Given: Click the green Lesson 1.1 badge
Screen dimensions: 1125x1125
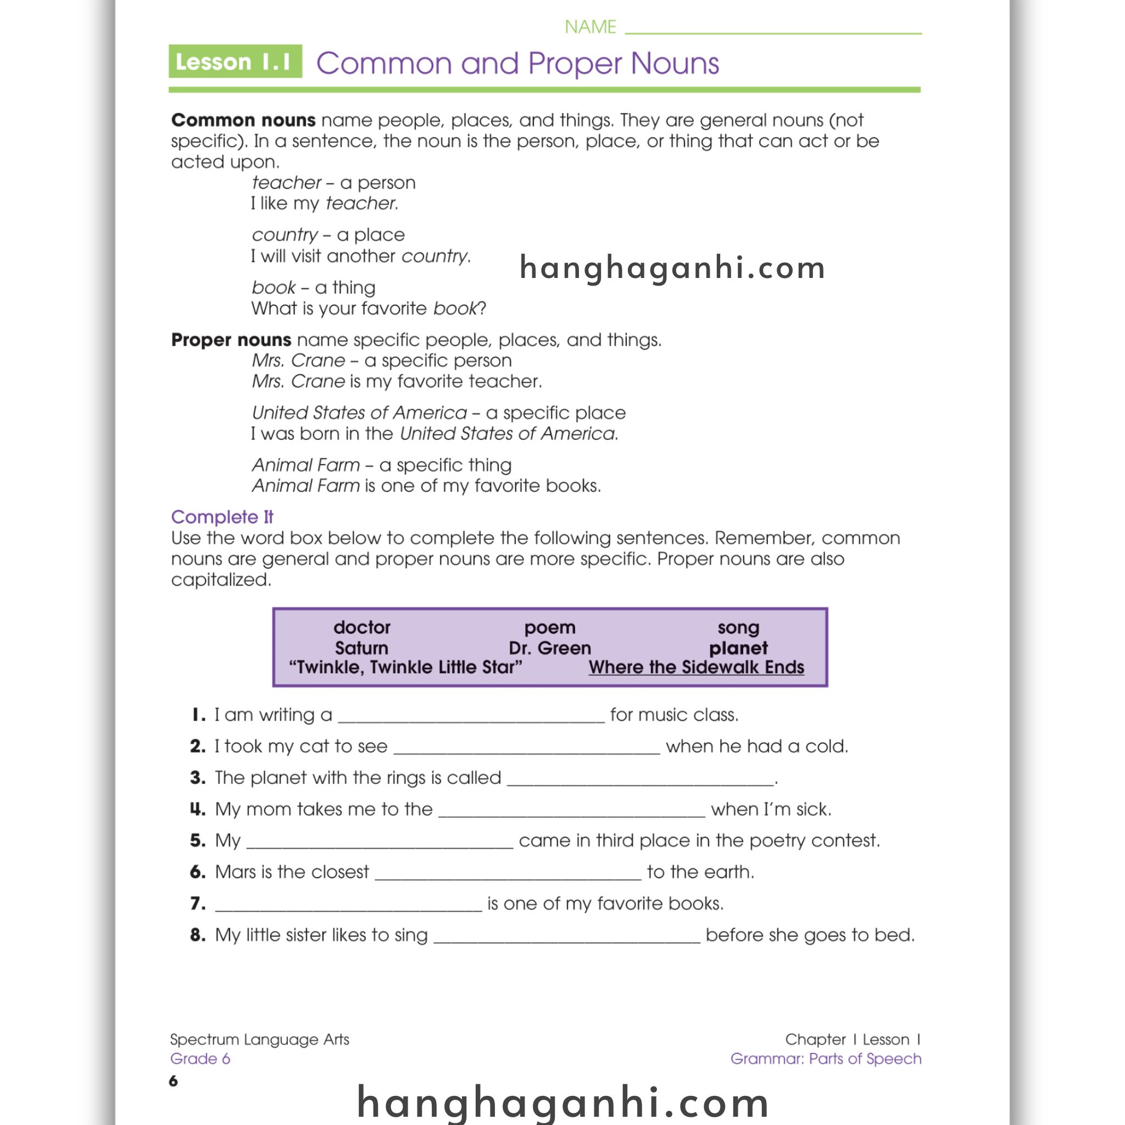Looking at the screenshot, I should tap(235, 61).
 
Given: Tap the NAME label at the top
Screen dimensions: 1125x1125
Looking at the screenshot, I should tap(590, 27).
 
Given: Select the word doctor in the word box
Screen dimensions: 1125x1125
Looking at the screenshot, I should tap(361, 627).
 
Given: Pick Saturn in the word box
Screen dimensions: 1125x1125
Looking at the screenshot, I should tap(361, 648).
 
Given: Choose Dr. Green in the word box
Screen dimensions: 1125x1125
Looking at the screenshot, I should tap(550, 648).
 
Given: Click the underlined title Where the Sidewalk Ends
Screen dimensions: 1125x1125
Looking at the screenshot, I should tap(696, 667).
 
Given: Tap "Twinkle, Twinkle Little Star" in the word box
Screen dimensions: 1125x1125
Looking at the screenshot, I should tap(405, 667).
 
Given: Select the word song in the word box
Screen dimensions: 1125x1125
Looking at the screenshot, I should tap(738, 627).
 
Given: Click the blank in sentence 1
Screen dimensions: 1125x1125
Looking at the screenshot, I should tap(471, 716).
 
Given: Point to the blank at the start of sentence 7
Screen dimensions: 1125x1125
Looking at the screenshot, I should tap(348, 905).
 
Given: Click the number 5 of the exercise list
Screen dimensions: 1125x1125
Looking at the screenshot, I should tap(197, 840).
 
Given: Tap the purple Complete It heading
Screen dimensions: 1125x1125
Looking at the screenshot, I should tap(222, 516).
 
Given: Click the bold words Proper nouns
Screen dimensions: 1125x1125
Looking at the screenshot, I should tap(231, 339).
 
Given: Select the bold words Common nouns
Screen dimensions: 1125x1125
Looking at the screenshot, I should tap(243, 120).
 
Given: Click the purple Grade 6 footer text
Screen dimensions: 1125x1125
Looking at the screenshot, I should tap(200, 1058).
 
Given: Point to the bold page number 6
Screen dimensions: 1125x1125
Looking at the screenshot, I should tap(174, 1081).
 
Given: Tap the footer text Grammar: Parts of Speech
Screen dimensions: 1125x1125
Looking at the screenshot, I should tap(826, 1058).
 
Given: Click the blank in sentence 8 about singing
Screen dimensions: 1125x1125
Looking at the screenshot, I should tap(566, 937).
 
